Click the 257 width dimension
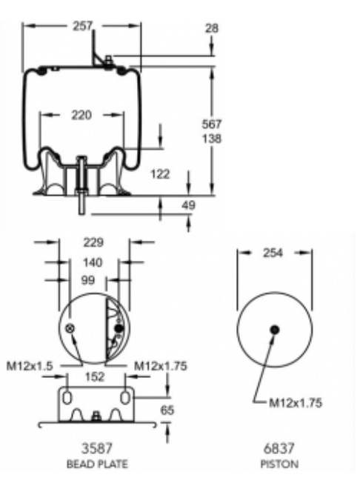click(83, 26)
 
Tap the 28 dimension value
click(212, 28)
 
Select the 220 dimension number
click(81, 116)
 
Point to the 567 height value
click(212, 124)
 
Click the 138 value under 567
click(212, 139)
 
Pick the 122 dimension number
click(160, 174)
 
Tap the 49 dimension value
click(188, 205)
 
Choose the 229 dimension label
click(93, 242)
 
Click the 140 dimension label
click(93, 262)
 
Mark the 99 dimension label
click(87, 280)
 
